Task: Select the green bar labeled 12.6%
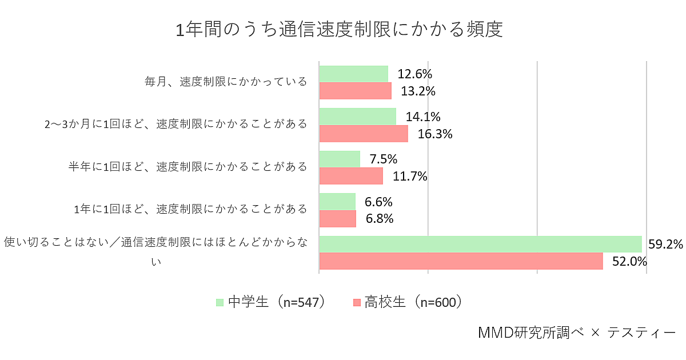(x=353, y=74)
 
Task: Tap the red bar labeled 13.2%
(x=355, y=91)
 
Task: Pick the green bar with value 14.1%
(x=357, y=117)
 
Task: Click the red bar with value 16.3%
(x=364, y=134)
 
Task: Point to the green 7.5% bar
(x=340, y=159)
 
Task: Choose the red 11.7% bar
(x=351, y=176)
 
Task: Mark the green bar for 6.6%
(x=337, y=201)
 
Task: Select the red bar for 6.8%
(x=338, y=219)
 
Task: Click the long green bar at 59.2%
(x=480, y=244)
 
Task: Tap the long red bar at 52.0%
(x=461, y=261)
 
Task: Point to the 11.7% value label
(x=410, y=176)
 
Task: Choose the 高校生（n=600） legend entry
(x=408, y=302)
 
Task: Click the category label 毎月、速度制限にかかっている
(x=226, y=82)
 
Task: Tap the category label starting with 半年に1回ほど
(x=188, y=167)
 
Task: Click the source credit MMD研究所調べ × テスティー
(x=576, y=333)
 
